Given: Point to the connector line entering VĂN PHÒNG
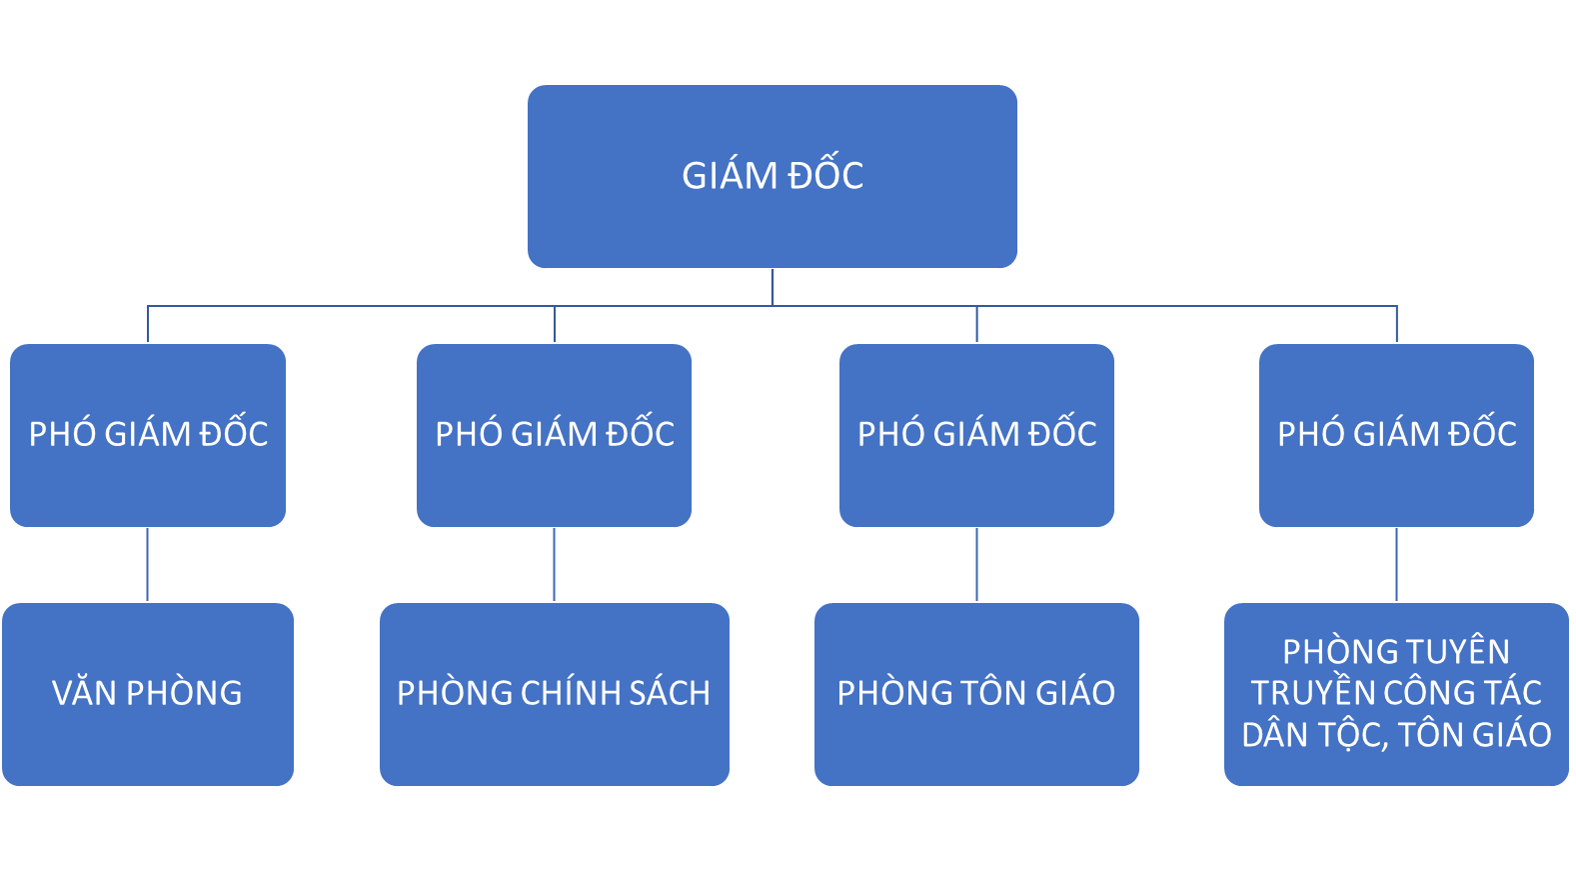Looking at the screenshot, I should pos(148,565).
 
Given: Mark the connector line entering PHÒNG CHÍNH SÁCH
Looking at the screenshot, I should pos(554,565).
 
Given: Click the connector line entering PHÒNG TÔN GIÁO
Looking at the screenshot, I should pos(976,565).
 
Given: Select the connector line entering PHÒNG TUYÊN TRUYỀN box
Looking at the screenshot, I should pos(1396,565).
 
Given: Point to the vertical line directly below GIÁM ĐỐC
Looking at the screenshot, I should pos(773,287).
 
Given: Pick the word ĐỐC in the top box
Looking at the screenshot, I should pos(825,175).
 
